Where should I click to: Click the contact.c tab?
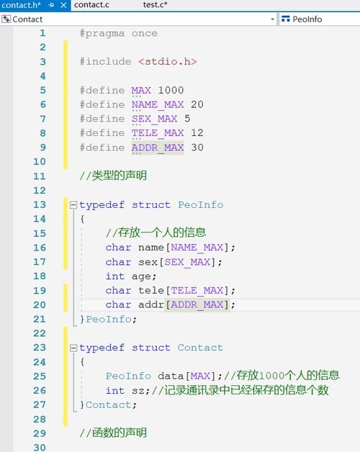pos(91,5)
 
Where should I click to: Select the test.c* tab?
pos(155,5)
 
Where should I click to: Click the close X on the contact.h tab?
pos(64,5)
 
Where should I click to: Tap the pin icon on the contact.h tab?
pos(51,5)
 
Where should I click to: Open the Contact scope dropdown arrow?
pos(272,19)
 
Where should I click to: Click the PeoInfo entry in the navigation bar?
pos(307,19)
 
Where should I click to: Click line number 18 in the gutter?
pos(40,276)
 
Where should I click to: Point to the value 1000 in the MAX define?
pos(171,90)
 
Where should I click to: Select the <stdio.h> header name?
pos(167,62)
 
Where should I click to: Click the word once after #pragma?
pos(145,33)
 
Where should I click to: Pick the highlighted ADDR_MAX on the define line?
pos(158,148)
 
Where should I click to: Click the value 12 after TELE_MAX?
pos(197,133)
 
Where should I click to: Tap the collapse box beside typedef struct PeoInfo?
pos(73,205)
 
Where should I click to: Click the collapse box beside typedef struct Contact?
pos(73,348)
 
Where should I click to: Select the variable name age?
pos(141,276)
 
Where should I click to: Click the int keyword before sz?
pos(115,391)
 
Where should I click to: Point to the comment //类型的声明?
pos(113,176)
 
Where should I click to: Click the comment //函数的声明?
pos(113,433)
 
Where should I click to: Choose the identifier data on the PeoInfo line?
pos(171,376)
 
